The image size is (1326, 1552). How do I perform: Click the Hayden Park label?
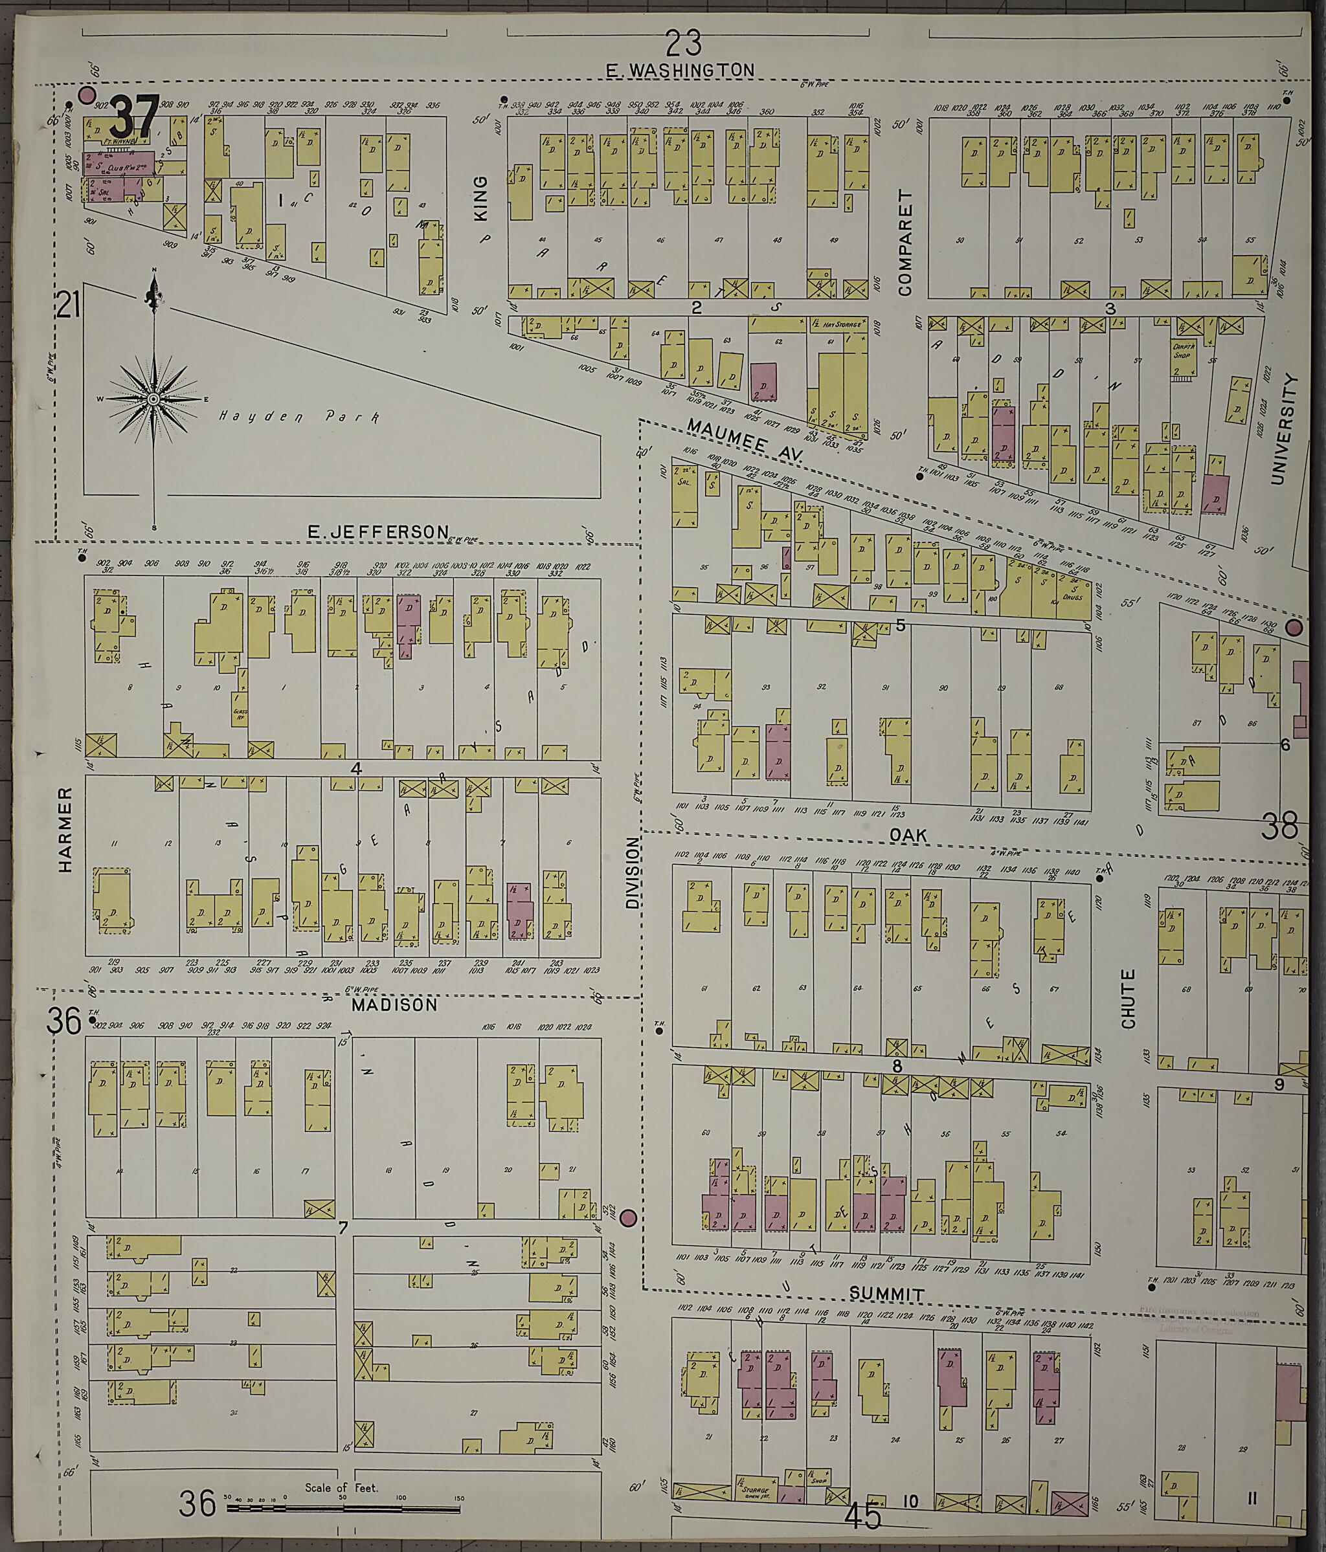tap(299, 416)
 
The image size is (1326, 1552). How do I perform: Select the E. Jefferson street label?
tap(377, 531)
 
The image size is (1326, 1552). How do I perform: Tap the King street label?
tap(480, 198)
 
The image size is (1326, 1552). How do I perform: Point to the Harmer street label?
tap(65, 829)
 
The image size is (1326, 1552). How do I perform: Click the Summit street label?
tap(887, 1294)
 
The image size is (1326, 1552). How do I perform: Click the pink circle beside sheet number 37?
tap(87, 95)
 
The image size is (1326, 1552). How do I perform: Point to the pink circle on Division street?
tap(629, 1219)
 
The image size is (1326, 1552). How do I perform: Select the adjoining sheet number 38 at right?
tap(1279, 827)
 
